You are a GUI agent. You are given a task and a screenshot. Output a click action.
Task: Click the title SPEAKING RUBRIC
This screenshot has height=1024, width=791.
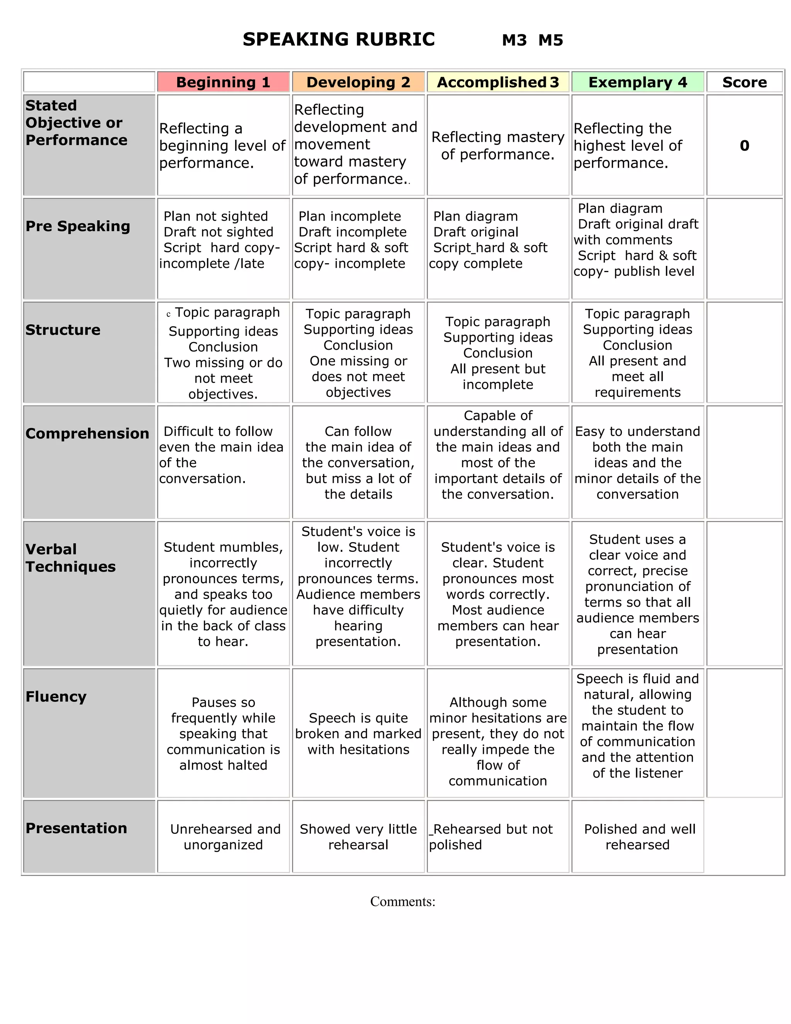pos(338,39)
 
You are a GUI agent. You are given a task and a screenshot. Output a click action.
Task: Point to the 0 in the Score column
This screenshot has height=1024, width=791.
pos(744,145)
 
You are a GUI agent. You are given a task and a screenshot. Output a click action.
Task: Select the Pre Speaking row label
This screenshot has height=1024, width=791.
pos(78,226)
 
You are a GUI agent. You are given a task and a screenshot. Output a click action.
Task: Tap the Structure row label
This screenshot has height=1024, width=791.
pos(63,330)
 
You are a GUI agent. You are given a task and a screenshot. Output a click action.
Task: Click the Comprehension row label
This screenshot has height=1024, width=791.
pos(87,433)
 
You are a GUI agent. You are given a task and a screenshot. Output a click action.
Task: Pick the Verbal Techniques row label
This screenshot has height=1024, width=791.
pos(70,558)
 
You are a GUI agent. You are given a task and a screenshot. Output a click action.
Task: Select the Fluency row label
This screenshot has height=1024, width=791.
pos(56,696)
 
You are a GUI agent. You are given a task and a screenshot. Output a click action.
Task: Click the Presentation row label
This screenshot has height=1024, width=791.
pos(76,828)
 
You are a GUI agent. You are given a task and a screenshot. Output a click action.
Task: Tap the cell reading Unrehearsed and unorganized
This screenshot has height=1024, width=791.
pos(223,837)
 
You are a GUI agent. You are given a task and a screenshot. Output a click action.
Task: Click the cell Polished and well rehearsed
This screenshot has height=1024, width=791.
pos(637,837)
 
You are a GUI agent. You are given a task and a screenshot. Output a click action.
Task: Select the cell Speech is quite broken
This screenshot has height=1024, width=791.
pos(358,734)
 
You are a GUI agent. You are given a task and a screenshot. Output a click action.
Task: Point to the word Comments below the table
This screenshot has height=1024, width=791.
pos(402,902)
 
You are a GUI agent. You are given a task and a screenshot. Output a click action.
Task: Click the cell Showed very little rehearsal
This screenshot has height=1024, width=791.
pos(358,837)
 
